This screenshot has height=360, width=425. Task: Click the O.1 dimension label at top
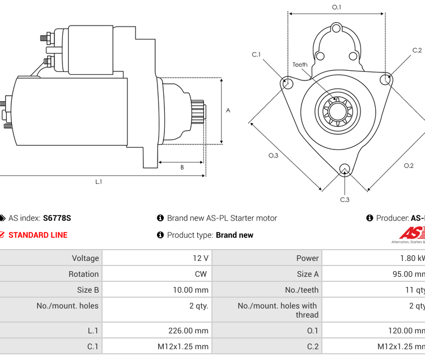337,7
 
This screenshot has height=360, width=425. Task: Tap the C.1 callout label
256,55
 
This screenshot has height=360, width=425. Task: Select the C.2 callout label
417,51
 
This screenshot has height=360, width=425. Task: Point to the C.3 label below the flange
345,199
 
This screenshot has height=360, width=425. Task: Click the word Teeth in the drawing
300,65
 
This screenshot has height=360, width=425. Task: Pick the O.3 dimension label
273,156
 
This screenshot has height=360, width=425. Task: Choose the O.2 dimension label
409,166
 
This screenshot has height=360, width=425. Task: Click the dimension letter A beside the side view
228,110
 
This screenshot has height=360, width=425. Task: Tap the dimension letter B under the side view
182,168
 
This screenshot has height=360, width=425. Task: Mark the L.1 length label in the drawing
99,182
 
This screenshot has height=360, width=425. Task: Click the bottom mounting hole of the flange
345,169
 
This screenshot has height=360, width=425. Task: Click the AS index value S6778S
57,218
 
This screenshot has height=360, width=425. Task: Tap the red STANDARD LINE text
37,235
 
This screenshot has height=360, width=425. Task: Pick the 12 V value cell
201,258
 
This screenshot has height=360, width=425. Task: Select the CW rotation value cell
201,274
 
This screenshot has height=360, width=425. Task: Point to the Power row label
307,258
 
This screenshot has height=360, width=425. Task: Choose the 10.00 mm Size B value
190,290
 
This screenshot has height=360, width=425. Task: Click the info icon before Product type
160,235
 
